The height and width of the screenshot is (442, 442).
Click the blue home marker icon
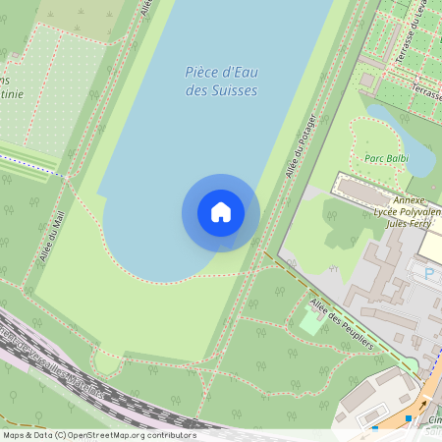[221, 212]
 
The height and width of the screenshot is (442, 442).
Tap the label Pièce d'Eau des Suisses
[221, 81]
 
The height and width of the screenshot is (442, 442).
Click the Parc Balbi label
[386, 157]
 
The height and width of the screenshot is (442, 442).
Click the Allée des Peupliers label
[341, 324]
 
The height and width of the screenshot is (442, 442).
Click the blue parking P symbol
[428, 272]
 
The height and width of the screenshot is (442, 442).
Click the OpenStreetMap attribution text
[98, 435]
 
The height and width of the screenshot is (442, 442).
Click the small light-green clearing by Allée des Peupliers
[311, 320]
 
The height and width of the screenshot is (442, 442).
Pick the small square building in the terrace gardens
[369, 80]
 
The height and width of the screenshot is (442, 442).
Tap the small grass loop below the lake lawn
[107, 365]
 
